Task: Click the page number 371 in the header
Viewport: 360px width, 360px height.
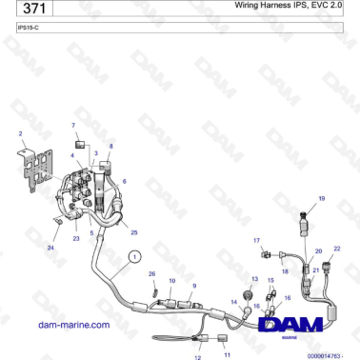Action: click(33, 10)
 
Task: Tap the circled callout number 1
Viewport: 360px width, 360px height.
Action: click(134, 254)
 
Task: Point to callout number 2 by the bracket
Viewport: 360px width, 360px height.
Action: click(21, 134)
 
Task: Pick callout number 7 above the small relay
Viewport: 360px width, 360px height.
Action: click(72, 125)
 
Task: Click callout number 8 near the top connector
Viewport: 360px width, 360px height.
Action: click(110, 146)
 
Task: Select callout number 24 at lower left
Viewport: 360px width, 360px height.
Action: click(50, 247)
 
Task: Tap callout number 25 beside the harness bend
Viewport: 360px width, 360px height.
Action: click(133, 232)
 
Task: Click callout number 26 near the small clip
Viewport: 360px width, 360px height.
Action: click(150, 273)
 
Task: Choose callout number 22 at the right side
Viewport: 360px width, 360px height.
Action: click(337, 249)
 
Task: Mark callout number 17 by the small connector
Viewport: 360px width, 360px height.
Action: click(256, 239)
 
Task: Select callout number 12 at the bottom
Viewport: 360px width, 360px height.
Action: click(198, 357)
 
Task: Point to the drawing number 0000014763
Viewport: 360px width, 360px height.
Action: click(330, 354)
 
